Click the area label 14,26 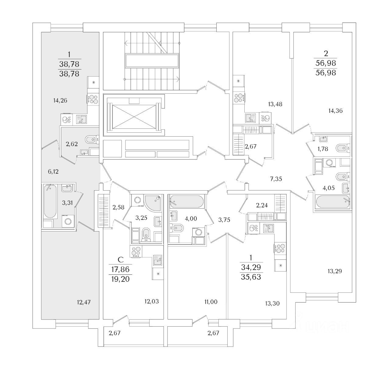(x=60, y=100)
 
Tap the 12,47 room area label (x=84, y=302)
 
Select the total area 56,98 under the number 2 (x=326, y=73)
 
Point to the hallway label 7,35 (x=276, y=179)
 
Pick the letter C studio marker (x=121, y=260)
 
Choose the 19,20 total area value (x=121, y=278)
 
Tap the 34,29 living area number (x=251, y=267)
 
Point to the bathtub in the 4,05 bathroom (x=333, y=202)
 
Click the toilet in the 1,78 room (x=342, y=148)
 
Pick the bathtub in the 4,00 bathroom (x=186, y=200)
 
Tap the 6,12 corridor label (x=53, y=172)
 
